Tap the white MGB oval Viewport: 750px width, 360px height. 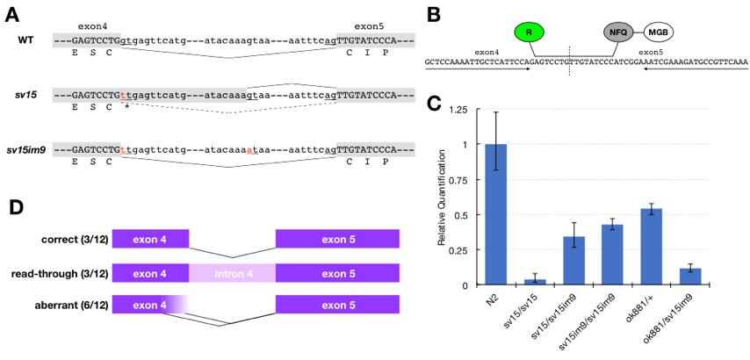pos(659,32)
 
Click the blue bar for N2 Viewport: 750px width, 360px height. pos(496,214)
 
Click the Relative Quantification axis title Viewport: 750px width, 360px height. pos(443,198)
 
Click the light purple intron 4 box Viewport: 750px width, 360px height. pos(232,275)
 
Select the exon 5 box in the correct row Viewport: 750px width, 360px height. pos(337,239)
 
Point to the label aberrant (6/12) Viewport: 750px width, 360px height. pos(75,305)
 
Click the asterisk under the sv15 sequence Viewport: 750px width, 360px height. pos(126,106)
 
